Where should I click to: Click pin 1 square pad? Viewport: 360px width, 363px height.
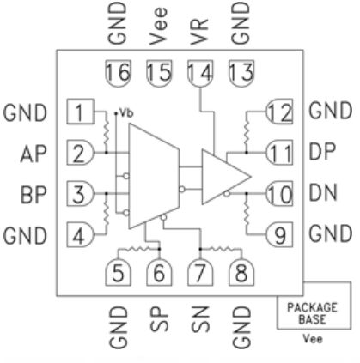(80, 112)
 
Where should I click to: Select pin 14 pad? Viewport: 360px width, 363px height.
(200, 73)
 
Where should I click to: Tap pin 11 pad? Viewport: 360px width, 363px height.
(279, 153)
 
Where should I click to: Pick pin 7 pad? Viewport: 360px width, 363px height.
(200, 272)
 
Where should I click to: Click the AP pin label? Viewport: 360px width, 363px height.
(34, 154)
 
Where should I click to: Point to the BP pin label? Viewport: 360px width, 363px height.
(34, 195)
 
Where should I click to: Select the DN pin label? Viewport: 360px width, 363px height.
(323, 192)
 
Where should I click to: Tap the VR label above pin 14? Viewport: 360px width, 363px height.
(199, 32)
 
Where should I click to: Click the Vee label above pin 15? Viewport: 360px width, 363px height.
(158, 27)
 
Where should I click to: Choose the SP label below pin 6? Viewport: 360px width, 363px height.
(159, 319)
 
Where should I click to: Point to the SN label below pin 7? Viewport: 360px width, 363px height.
(200, 319)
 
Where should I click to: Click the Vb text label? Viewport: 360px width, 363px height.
(126, 112)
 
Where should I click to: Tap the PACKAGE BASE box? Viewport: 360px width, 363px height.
(314, 306)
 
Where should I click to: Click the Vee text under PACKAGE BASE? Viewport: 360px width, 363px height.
(313, 339)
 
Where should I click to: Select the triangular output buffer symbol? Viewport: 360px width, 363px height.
(226, 177)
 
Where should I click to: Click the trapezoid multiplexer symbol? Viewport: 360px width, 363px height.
(154, 176)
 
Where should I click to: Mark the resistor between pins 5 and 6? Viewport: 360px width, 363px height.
(139, 249)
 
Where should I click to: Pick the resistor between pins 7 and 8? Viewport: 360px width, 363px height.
(221, 249)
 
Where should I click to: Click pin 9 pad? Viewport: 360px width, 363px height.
(279, 234)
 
